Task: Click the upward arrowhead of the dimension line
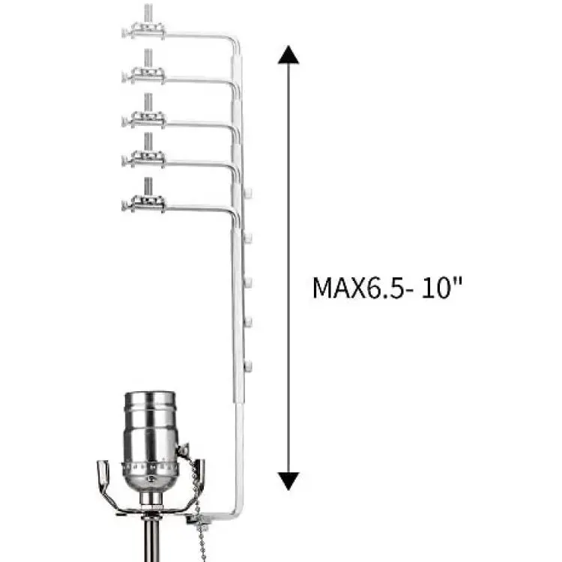[288, 55]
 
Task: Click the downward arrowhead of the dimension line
[288, 481]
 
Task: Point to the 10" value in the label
[441, 287]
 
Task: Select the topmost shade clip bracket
[144, 31]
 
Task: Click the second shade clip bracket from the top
[144, 75]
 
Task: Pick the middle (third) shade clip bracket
[144, 120]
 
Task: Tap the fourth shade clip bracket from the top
[144, 159]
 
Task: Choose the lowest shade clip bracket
[144, 204]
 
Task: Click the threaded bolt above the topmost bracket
[148, 13]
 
